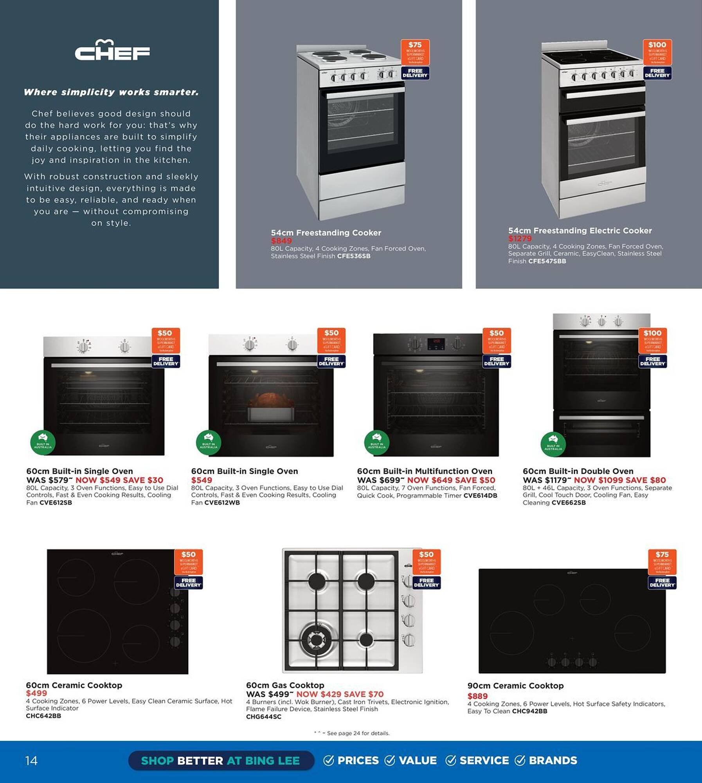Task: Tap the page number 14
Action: pyautogui.click(x=31, y=760)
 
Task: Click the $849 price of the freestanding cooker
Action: pyautogui.click(x=281, y=241)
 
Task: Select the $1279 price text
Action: pyautogui.click(x=520, y=238)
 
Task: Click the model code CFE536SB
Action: pyautogui.click(x=354, y=256)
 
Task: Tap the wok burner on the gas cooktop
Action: pyautogui.click(x=316, y=639)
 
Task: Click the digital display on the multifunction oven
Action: pyautogui.click(x=436, y=343)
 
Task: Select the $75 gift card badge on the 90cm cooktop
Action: pyautogui.click(x=662, y=562)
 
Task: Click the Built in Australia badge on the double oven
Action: pyautogui.click(x=553, y=444)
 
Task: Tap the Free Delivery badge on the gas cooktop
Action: pyautogui.click(x=427, y=583)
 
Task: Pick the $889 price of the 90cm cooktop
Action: pyautogui.click(x=477, y=696)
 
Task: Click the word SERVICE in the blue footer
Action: pyautogui.click(x=484, y=760)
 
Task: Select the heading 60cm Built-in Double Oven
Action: pyautogui.click(x=578, y=471)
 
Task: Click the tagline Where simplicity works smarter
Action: pyautogui.click(x=111, y=92)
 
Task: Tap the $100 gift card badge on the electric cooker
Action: pyautogui.click(x=657, y=52)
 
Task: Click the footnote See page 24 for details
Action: pyautogui.click(x=358, y=733)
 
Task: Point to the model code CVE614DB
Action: pyautogui.click(x=480, y=495)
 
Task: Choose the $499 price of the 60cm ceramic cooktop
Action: pyautogui.click(x=36, y=693)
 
